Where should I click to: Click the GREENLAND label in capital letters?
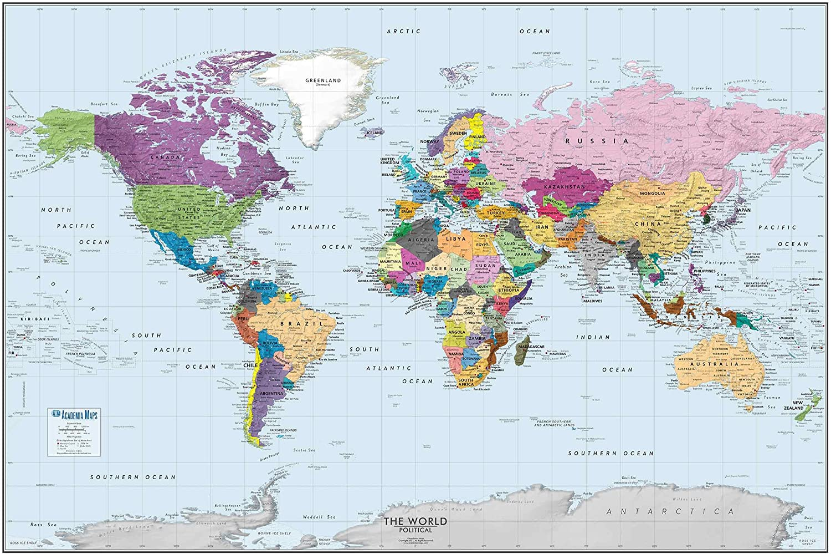point(323,80)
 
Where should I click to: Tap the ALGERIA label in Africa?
point(421,240)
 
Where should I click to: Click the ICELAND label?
point(375,133)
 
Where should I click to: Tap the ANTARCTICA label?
point(670,511)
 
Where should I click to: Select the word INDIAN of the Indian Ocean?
point(593,337)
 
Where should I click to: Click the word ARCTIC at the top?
point(403,32)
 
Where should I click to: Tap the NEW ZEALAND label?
point(793,405)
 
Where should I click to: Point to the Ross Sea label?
point(44,525)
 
